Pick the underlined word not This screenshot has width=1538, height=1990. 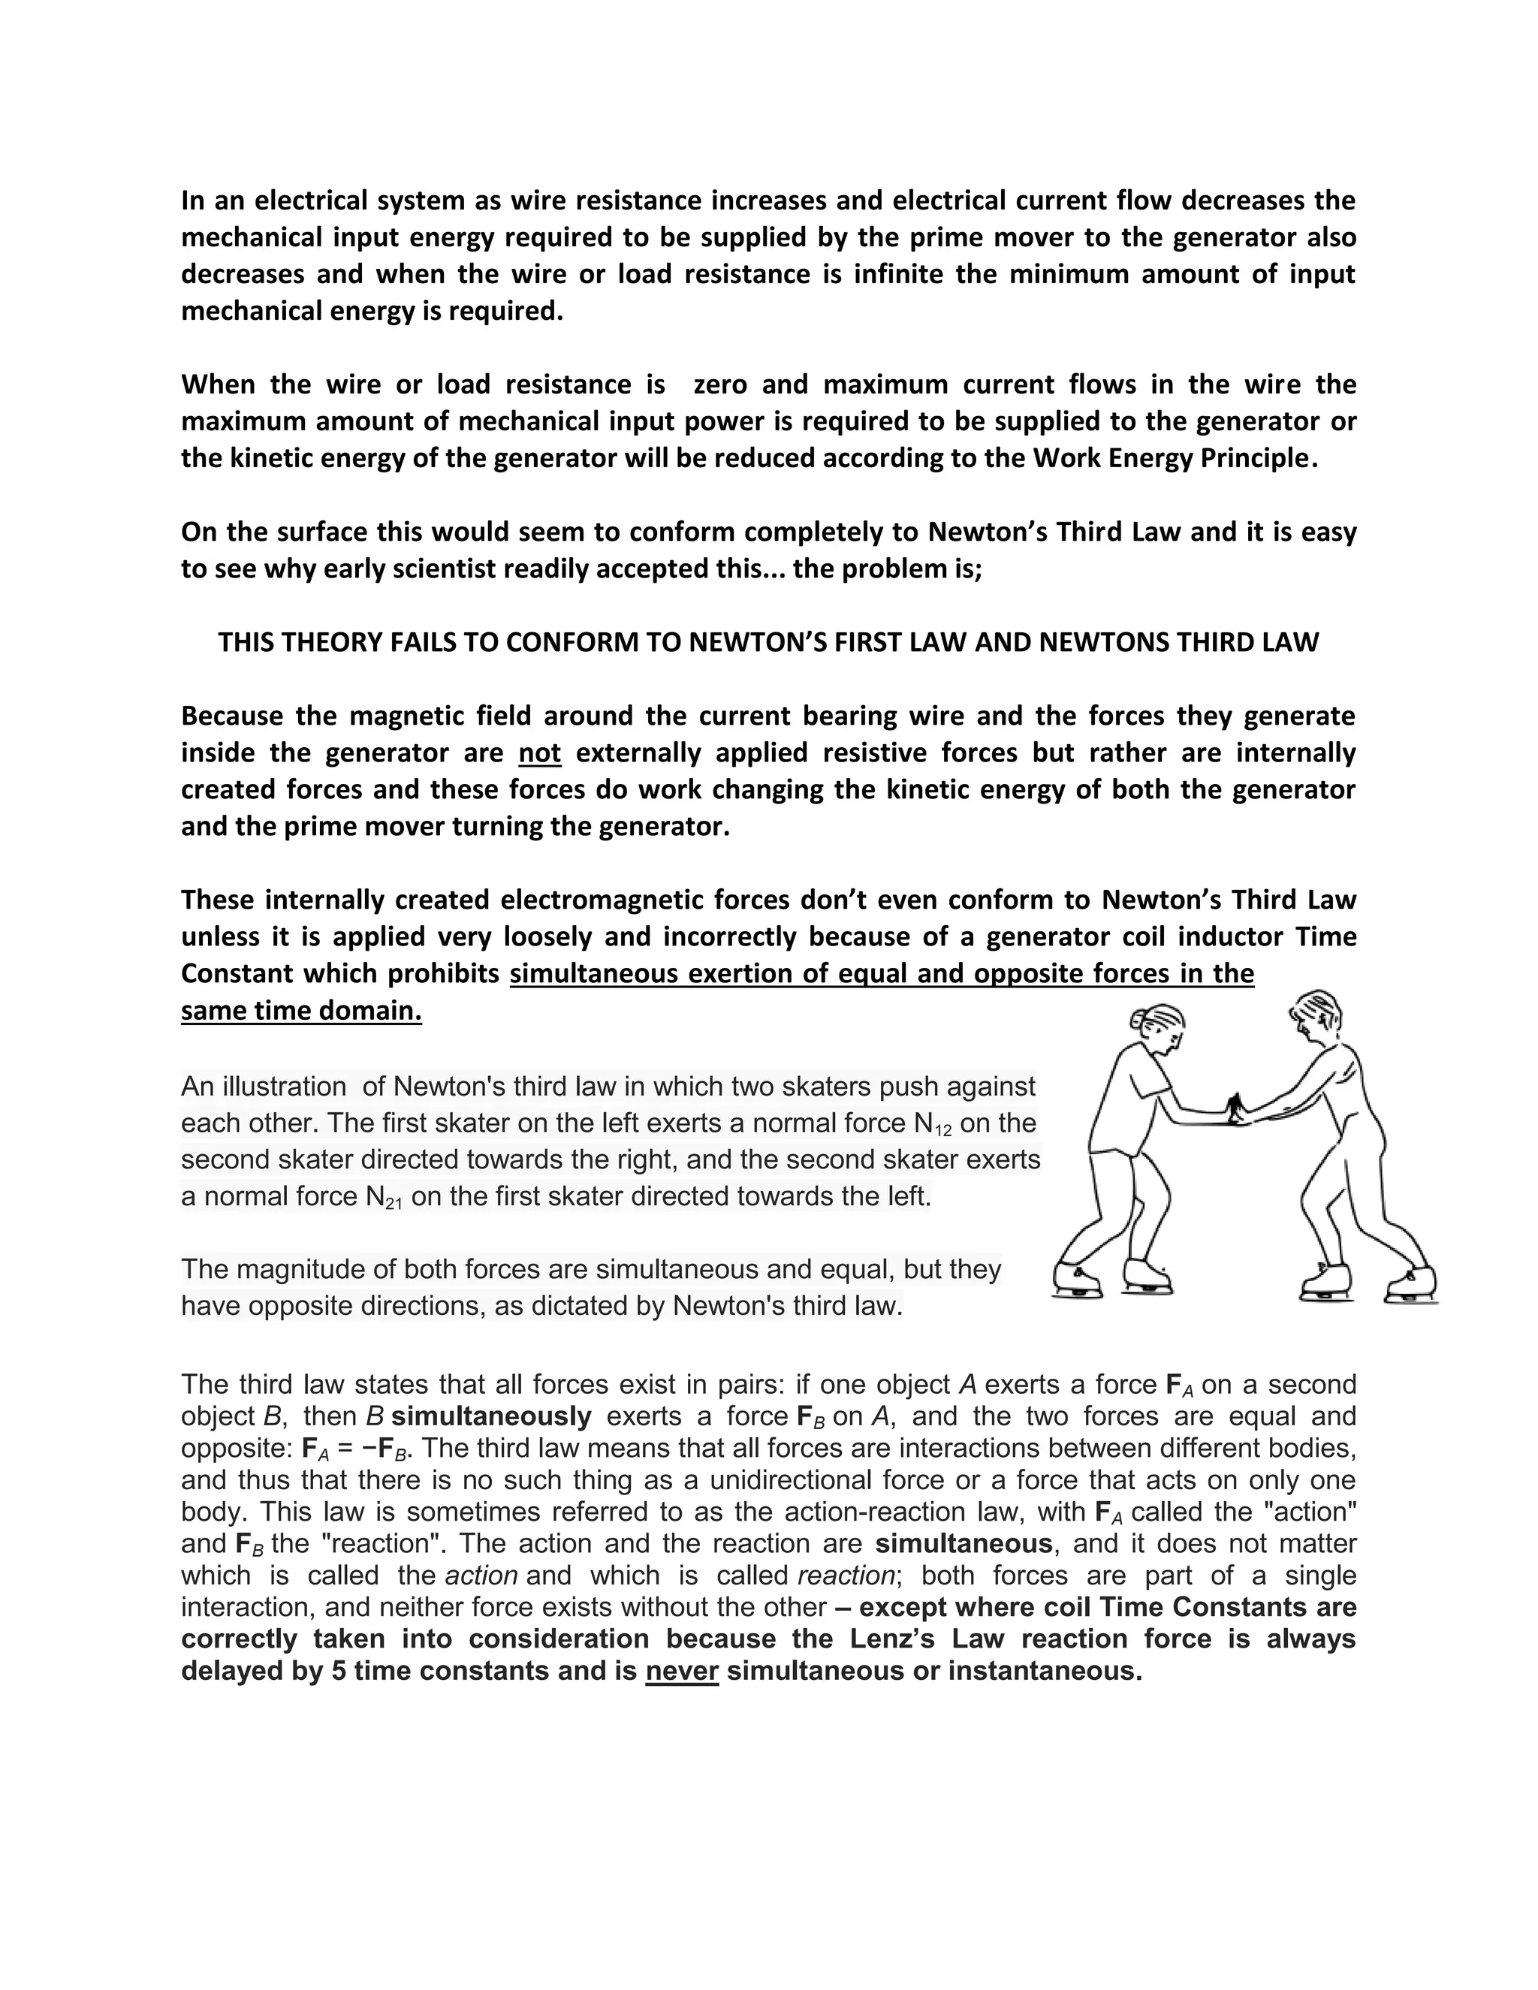point(539,753)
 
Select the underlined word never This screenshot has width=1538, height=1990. point(682,1671)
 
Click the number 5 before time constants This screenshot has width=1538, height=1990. point(337,1671)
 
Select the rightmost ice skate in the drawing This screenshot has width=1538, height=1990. point(1410,1284)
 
